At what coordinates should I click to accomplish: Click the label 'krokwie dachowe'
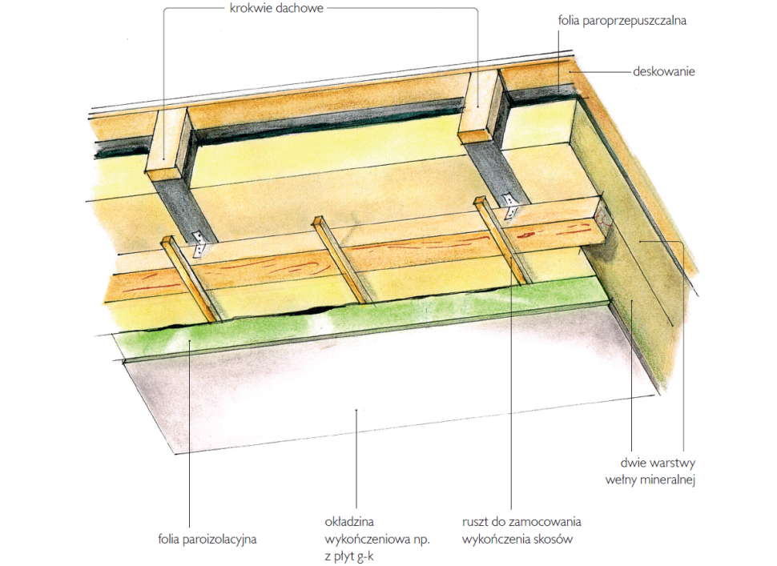(x=276, y=9)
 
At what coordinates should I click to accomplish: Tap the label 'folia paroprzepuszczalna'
(x=622, y=21)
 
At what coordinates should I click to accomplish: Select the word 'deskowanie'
(x=663, y=71)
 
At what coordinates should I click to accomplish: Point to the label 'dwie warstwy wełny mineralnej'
(x=650, y=472)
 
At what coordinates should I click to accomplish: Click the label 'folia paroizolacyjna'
(x=207, y=540)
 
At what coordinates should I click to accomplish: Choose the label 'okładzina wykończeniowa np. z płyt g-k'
(x=377, y=540)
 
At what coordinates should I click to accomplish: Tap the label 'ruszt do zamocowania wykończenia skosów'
(x=521, y=530)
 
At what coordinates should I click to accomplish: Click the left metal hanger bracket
(x=199, y=243)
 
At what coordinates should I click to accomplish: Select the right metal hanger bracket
(x=510, y=206)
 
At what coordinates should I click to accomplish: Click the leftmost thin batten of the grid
(x=191, y=279)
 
